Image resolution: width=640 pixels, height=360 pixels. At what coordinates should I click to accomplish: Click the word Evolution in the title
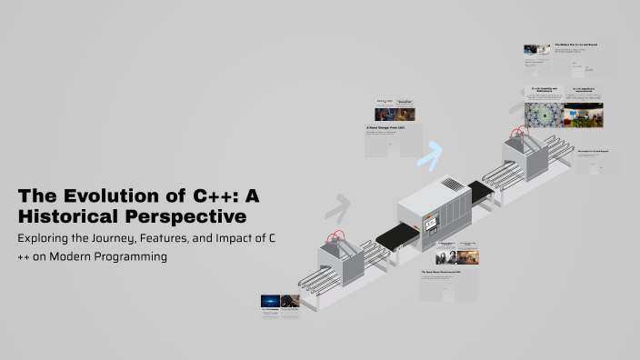[x=113, y=196]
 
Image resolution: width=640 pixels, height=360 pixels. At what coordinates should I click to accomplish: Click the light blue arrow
[x=428, y=155]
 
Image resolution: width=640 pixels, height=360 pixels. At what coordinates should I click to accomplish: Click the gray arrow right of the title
[x=338, y=209]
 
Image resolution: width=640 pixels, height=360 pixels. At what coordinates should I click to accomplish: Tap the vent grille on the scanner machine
[x=452, y=185]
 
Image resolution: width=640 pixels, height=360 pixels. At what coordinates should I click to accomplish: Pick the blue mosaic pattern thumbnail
[x=543, y=115]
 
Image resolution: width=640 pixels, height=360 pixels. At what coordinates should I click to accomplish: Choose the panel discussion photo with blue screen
[x=583, y=115]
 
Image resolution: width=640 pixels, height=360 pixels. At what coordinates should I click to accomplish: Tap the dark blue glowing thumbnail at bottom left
[x=270, y=301]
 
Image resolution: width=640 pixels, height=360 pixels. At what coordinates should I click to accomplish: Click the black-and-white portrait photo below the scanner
[x=443, y=258]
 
